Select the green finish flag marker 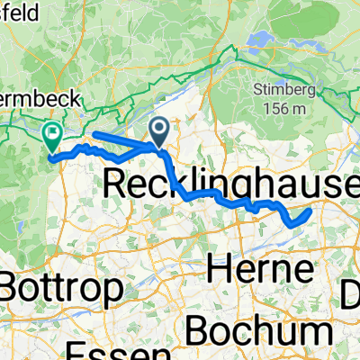[52, 136]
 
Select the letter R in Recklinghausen [118, 184]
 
